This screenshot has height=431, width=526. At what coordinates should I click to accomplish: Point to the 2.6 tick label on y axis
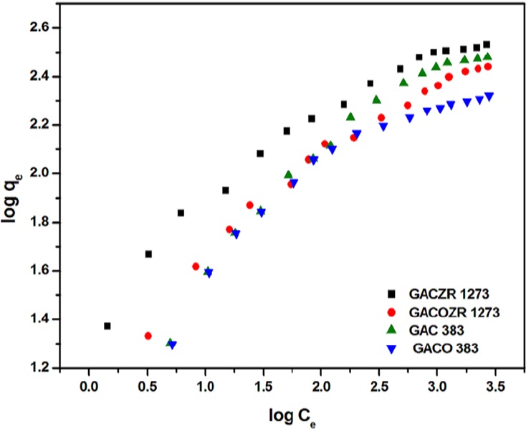point(39,28)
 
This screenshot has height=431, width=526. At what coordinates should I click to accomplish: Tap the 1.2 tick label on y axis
point(39,368)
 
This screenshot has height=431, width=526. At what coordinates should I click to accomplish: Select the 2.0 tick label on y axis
point(39,174)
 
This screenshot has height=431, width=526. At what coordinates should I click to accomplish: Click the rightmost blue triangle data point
point(489,96)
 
